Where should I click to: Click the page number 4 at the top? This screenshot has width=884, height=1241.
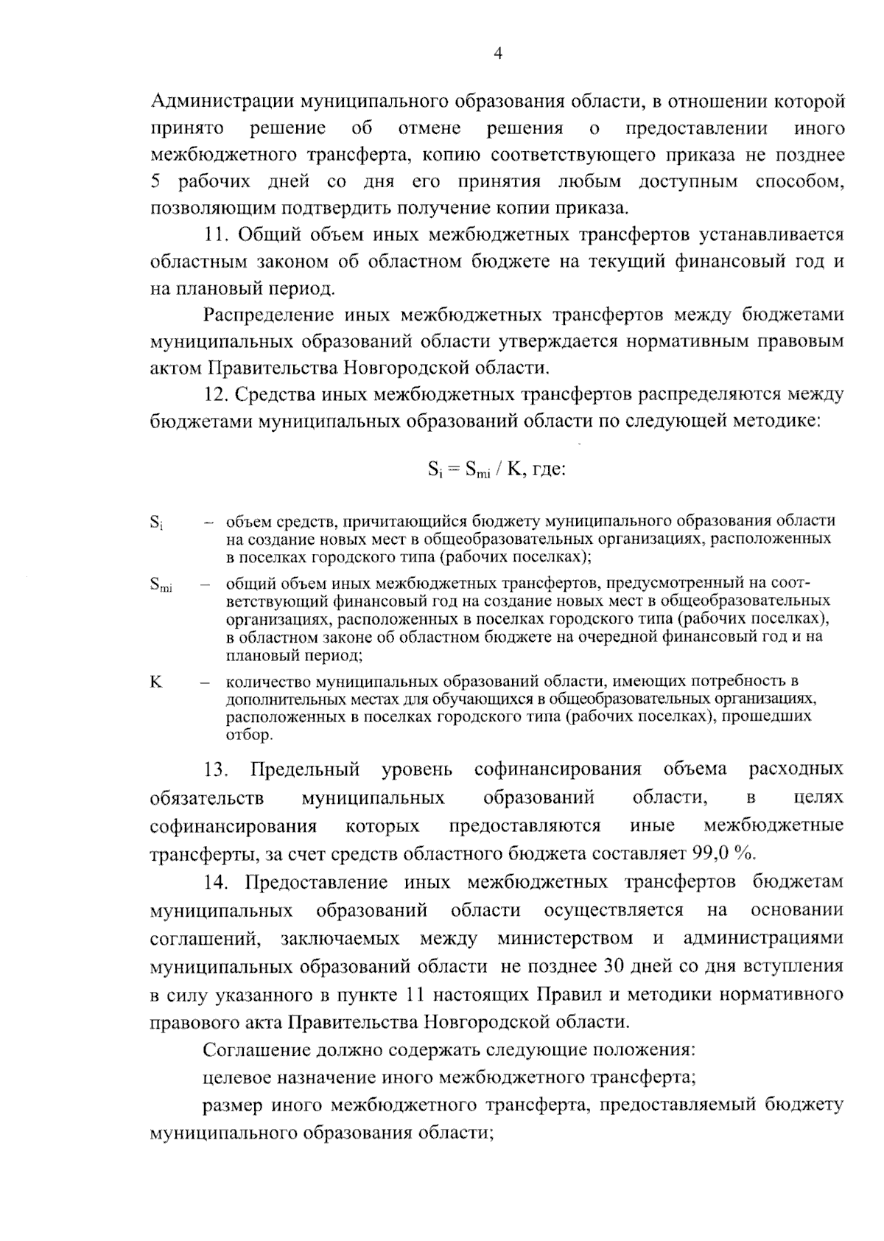(497, 54)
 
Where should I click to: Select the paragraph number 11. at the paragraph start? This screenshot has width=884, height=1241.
(217, 235)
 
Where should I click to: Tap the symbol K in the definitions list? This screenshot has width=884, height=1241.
(155, 682)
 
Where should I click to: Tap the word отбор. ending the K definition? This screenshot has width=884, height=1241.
(249, 735)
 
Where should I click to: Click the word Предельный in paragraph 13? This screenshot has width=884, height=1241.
(305, 770)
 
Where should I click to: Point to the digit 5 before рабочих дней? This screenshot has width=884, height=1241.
(155, 182)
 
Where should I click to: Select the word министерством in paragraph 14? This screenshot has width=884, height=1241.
(565, 939)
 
